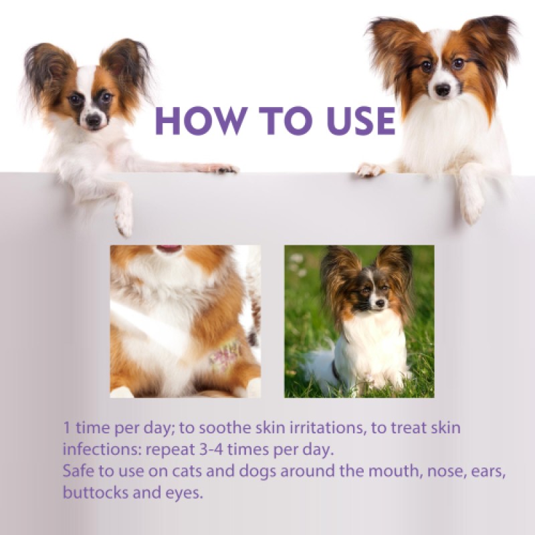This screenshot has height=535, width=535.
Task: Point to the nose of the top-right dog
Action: [x=442, y=89]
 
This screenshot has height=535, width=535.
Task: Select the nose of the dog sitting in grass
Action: [x=379, y=304]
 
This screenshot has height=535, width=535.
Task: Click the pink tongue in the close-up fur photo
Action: [x=169, y=249]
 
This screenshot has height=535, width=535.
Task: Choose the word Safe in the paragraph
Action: [x=78, y=471]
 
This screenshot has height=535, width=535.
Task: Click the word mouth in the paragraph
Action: [x=332, y=471]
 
